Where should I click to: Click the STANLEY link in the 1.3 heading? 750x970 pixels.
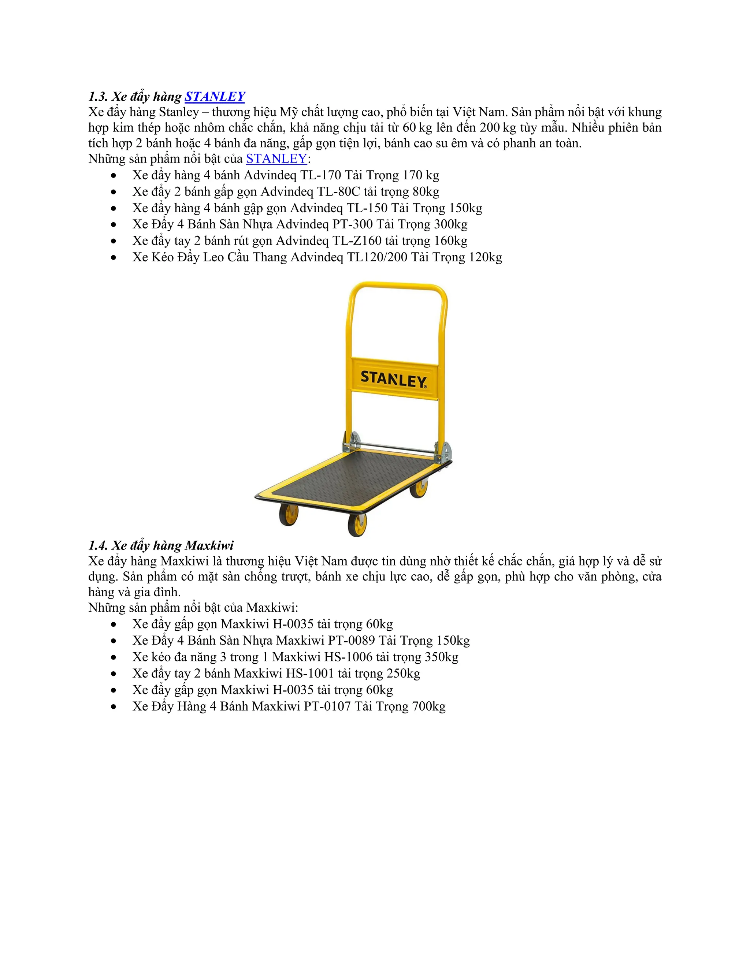point(215,96)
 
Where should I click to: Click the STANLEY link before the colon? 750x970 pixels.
point(276,158)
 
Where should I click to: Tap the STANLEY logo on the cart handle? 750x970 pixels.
point(393,379)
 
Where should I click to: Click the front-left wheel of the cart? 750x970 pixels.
point(289,515)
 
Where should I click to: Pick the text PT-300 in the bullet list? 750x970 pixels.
point(352,224)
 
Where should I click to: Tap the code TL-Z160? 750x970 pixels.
point(357,241)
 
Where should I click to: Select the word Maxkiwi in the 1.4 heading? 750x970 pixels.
point(209,545)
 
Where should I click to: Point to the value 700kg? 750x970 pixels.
point(429,706)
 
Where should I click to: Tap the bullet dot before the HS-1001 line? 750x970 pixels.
point(114,674)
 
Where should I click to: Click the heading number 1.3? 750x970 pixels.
point(98,96)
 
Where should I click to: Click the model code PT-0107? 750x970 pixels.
point(327,706)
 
